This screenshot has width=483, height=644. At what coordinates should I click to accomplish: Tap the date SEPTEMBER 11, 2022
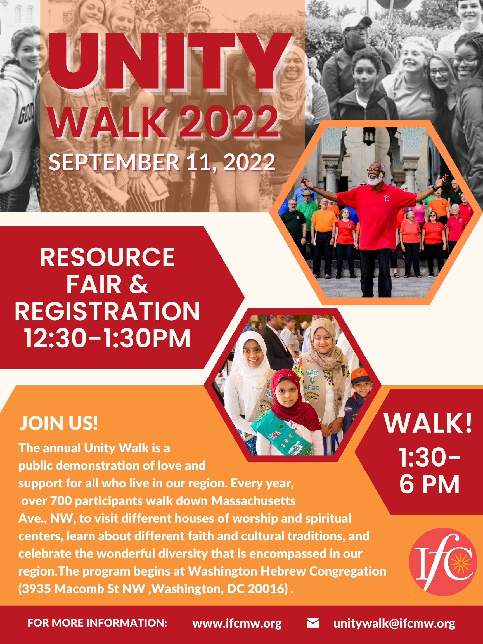[162, 163]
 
